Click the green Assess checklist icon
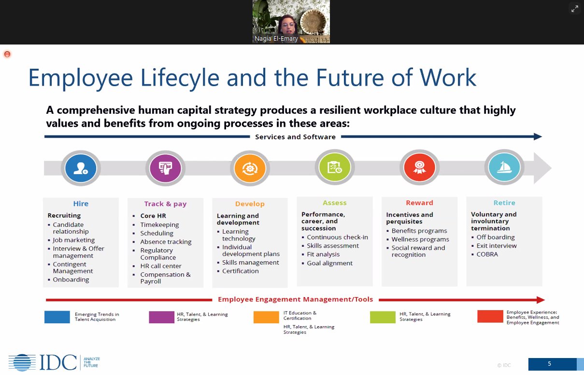(334, 168)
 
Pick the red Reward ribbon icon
(419, 168)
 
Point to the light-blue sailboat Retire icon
(504, 168)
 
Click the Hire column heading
(81, 204)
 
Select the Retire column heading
(504, 203)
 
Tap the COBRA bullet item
(487, 254)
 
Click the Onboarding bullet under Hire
(71, 279)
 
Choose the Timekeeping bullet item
(159, 225)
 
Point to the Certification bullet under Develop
(240, 271)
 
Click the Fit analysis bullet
(323, 254)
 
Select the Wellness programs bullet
(420, 239)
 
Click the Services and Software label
(295, 137)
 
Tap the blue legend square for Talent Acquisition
(57, 317)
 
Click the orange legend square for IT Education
(266, 317)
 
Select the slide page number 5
(549, 364)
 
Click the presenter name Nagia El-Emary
(276, 39)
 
